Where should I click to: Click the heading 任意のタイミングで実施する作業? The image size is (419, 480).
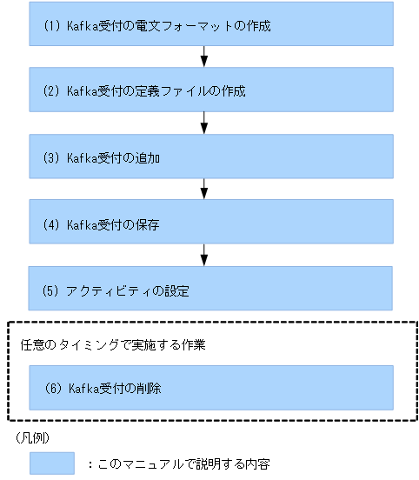(112, 344)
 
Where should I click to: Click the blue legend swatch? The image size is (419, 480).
(52, 463)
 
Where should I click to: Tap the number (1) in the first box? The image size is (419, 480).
(50, 26)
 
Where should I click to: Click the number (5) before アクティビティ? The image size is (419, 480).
(50, 290)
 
